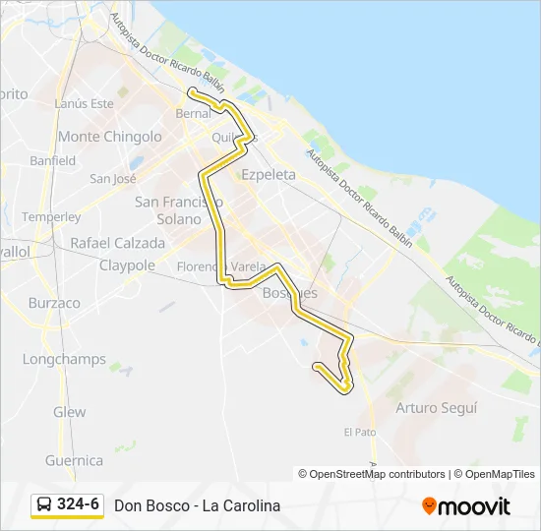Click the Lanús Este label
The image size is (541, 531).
[85, 103]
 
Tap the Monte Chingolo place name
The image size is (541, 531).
[110, 137]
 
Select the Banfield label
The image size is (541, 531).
[53, 160]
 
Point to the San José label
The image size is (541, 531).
[113, 179]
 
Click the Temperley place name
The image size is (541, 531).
[51, 216]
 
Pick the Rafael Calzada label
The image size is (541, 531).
[117, 243]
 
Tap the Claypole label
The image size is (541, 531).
[128, 265]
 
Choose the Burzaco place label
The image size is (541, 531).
[54, 303]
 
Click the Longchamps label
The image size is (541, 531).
[64, 359]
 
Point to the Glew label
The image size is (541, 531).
[70, 412]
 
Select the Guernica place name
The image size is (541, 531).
[74, 460]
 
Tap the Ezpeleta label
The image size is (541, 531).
[269, 174]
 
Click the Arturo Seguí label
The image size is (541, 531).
[436, 407]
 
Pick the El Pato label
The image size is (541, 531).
[360, 432]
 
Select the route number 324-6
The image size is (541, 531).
[79, 505]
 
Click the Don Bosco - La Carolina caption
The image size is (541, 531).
[198, 506]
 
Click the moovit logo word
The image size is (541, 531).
[474, 507]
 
